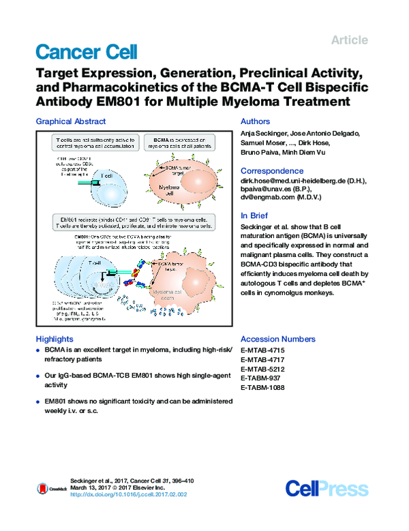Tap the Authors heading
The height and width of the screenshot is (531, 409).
click(256, 122)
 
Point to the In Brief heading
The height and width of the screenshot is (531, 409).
click(256, 215)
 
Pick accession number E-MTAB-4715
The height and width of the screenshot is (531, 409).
click(263, 350)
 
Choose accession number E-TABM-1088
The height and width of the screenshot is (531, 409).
click(263, 388)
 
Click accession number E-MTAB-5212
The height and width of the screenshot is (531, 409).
click(263, 369)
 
